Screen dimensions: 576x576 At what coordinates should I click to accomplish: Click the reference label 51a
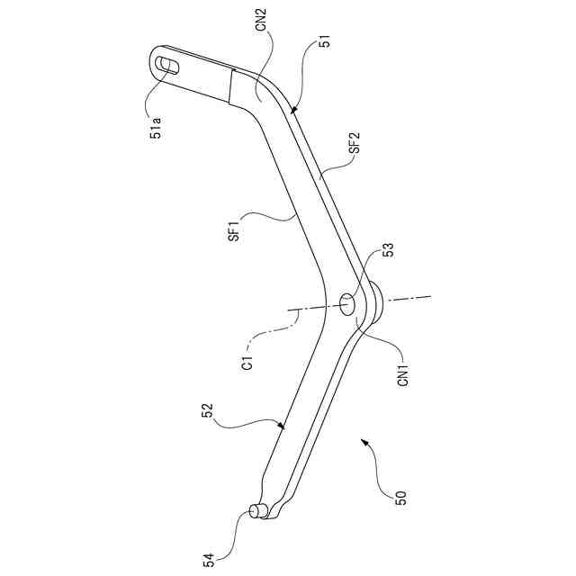(157, 125)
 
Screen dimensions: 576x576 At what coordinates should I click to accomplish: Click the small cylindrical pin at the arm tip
(256, 511)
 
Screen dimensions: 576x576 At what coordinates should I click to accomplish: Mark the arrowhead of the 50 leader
(362, 440)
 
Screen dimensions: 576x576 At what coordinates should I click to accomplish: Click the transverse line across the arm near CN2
(229, 87)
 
